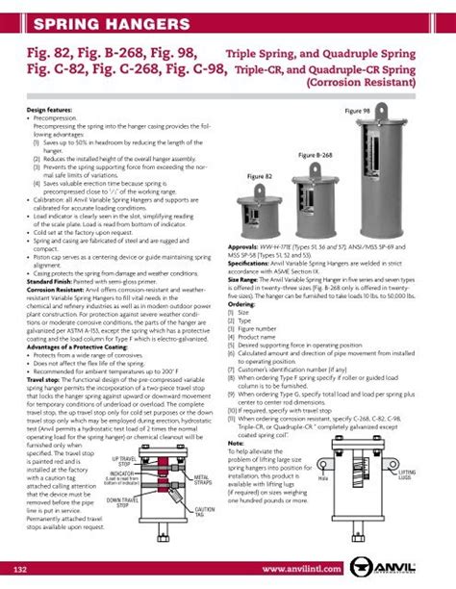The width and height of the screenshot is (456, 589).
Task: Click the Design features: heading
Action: [x=41, y=111]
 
